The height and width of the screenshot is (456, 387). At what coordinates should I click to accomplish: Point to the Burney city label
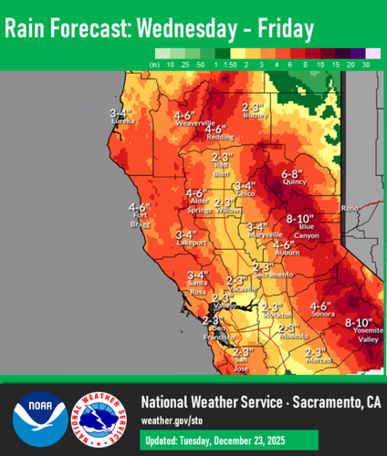[x=257, y=116]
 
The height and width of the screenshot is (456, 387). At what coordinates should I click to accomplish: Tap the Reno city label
[x=350, y=209]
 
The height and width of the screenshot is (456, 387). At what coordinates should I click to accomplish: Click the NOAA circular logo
[x=39, y=419]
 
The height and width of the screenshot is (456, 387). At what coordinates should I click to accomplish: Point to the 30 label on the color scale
[x=366, y=66]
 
